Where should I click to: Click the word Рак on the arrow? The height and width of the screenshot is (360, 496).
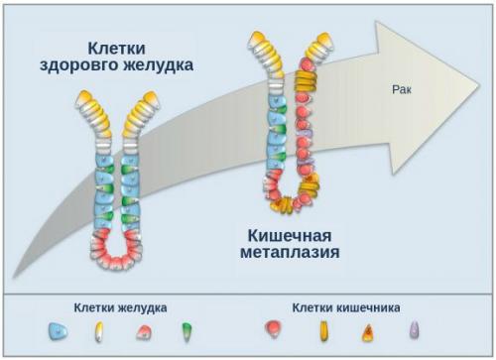click(403, 89)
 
